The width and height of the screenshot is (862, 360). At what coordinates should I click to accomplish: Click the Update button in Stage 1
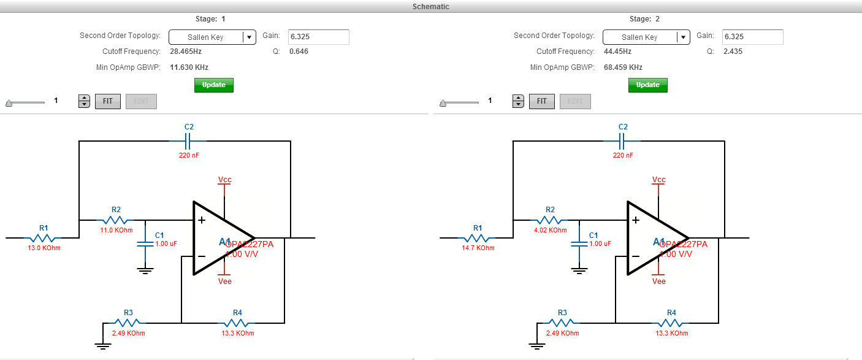tap(214, 85)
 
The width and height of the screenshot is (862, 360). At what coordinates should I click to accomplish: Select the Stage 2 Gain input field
tap(752, 37)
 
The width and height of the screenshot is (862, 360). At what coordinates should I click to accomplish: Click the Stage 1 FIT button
tap(108, 101)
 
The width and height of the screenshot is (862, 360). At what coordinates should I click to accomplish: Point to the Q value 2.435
tap(733, 52)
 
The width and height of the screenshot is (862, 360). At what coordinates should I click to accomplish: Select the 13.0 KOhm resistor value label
tap(44, 248)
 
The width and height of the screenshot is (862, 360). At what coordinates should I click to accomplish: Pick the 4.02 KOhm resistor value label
tap(550, 230)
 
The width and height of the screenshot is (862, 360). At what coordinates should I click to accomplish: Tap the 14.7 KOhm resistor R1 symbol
tap(478, 237)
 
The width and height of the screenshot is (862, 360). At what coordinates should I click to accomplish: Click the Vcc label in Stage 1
tap(225, 180)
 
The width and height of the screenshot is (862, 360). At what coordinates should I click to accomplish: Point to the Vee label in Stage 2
tap(659, 281)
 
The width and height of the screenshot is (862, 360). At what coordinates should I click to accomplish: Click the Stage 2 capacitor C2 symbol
tap(623, 141)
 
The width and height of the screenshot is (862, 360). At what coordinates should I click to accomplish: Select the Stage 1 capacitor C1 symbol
tap(145, 243)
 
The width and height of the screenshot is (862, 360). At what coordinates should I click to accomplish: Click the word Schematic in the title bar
tap(430, 6)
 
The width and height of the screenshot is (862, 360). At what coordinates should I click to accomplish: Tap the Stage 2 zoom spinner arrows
tap(519, 101)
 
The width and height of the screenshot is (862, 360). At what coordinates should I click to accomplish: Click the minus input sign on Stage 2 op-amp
tap(636, 256)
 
